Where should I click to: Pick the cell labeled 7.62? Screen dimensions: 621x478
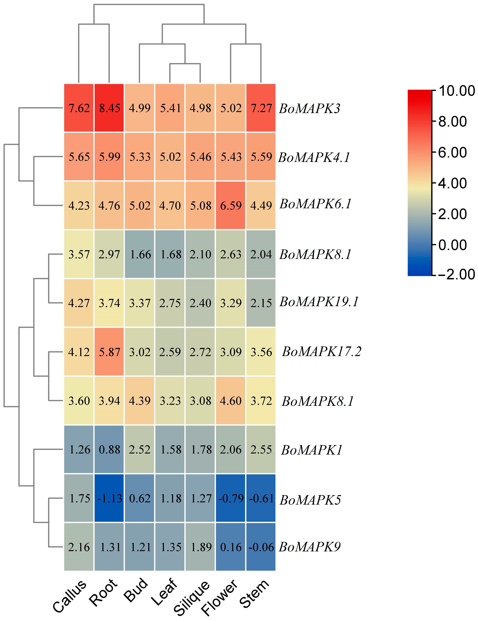pos(79,108)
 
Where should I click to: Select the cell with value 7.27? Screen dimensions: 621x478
pos(261,108)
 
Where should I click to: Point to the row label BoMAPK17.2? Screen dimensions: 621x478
pos(322,352)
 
